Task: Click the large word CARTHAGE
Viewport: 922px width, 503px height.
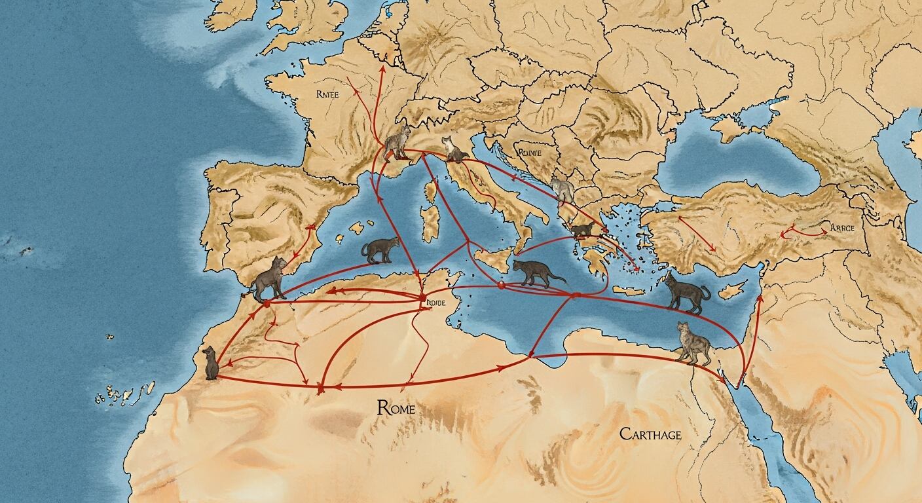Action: [650, 434]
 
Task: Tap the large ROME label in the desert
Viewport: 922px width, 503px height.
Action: [396, 408]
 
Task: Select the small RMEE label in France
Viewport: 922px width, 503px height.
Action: [327, 94]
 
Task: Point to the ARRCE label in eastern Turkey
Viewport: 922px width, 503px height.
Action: [842, 227]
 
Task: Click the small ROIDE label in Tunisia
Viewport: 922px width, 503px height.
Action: [435, 303]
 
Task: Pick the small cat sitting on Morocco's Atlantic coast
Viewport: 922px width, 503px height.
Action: [210, 364]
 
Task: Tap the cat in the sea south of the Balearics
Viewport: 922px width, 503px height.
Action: [380, 250]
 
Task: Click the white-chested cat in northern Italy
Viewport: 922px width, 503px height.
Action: [454, 151]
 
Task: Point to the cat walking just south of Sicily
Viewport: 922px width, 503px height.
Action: [536, 272]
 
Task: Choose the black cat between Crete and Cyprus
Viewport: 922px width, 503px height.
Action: [686, 293]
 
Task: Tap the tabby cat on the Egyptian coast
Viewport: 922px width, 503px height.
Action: [693, 343]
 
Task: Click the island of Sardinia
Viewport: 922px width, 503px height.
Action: [430, 225]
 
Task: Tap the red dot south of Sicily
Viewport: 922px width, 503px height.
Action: [501, 285]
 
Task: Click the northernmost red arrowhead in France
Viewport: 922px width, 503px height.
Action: [382, 69]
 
